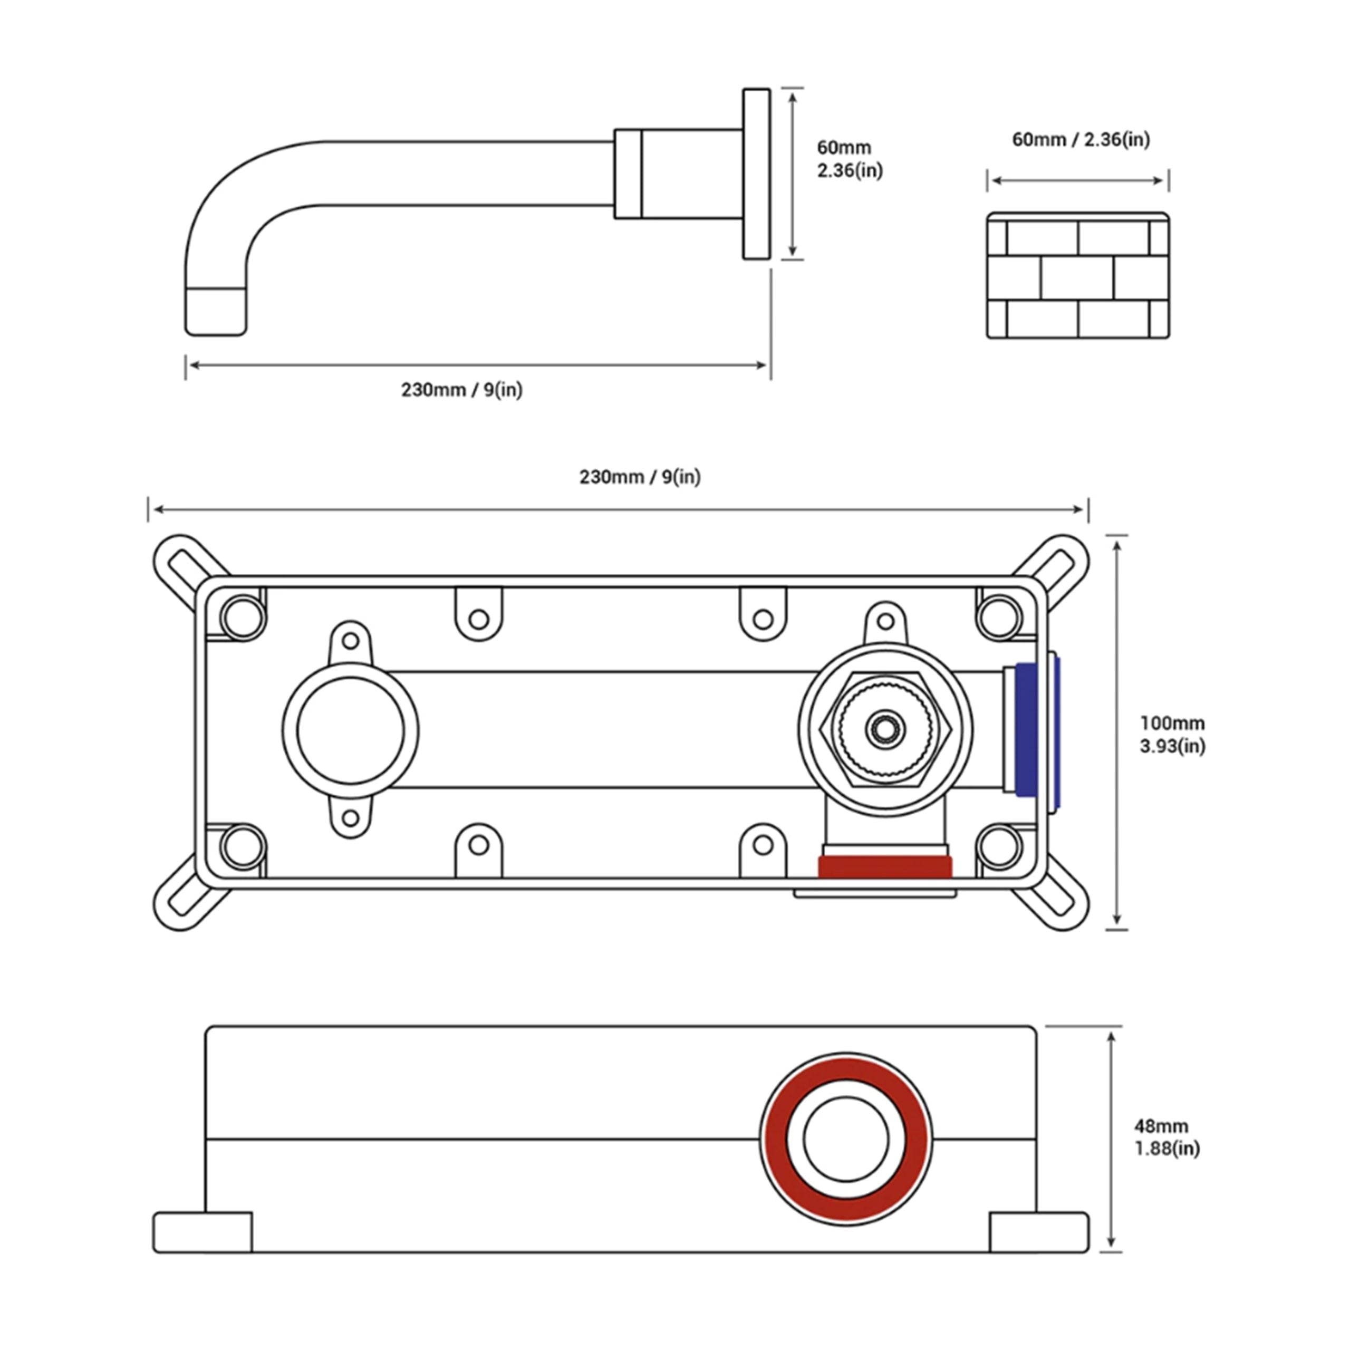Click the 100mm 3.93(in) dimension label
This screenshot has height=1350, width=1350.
1172,735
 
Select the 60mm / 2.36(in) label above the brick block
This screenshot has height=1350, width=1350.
1081,140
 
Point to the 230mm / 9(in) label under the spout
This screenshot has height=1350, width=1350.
461,389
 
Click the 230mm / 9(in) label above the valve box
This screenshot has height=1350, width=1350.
639,477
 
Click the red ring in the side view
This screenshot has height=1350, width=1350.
775,1139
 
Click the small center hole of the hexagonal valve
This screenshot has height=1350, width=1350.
885,729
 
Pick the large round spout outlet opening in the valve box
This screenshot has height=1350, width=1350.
350,730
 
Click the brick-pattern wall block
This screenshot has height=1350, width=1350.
1077,276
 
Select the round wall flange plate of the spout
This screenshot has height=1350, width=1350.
756,174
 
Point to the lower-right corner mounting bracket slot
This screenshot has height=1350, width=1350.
1056,899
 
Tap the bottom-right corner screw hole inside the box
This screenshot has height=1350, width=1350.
999,847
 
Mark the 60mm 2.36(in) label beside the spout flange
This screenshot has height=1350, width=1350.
849,159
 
